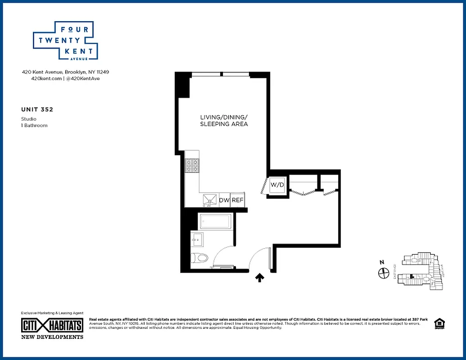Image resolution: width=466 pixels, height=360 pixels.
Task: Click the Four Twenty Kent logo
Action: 65,40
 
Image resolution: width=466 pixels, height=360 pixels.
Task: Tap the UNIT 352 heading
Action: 40,109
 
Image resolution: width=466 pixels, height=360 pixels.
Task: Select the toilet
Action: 200,258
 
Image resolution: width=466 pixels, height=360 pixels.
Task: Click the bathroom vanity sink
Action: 197,239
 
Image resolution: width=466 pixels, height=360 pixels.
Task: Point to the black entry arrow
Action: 259,278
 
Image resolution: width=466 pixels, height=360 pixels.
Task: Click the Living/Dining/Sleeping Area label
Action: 224,121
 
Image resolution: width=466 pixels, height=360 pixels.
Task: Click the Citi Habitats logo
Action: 53,326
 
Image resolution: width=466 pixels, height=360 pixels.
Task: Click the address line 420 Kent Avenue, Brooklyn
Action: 66,72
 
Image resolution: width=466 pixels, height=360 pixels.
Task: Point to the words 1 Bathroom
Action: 34,126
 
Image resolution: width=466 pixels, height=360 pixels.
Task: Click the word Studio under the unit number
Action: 29,119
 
